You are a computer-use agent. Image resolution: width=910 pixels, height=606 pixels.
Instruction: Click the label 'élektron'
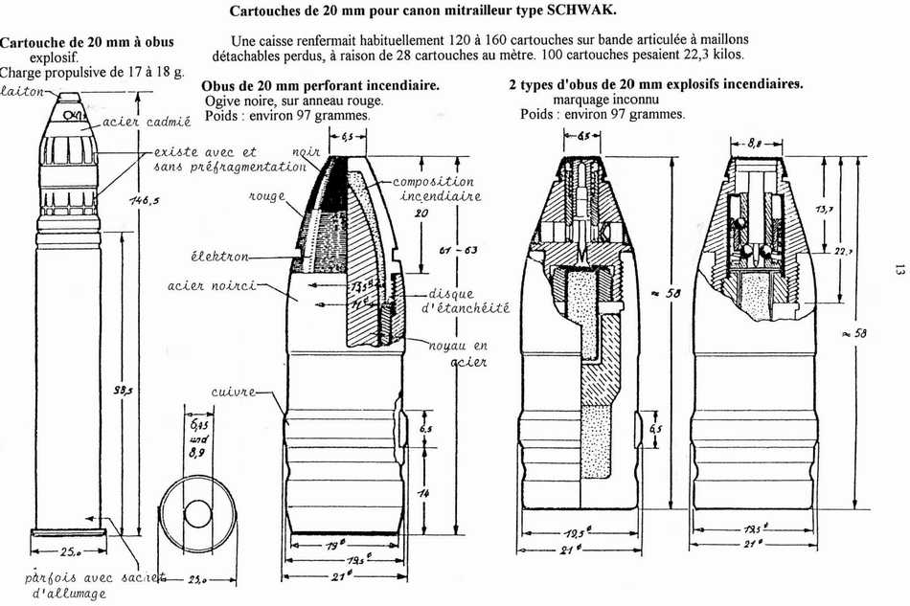(219, 257)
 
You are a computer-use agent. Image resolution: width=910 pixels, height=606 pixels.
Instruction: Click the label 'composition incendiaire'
(433, 190)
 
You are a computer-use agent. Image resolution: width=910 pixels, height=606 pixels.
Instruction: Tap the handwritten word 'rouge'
(269, 194)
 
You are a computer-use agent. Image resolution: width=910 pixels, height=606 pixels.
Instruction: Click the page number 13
(898, 271)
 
